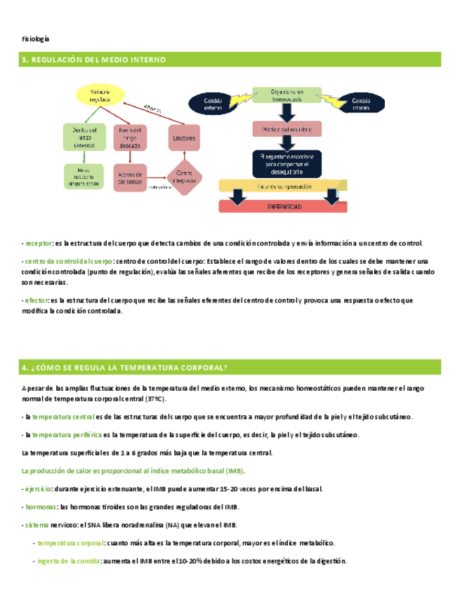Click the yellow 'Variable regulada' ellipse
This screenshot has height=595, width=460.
pos(100,95)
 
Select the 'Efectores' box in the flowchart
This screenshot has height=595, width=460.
pos(183,139)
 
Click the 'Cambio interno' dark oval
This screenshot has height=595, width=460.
pos(362,104)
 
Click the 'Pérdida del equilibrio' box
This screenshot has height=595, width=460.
pos(287,130)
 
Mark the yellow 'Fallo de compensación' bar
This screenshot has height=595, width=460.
pos(284,185)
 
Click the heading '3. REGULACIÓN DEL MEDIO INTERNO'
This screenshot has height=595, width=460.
pos(91,60)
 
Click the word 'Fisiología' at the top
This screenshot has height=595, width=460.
pos(36,39)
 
